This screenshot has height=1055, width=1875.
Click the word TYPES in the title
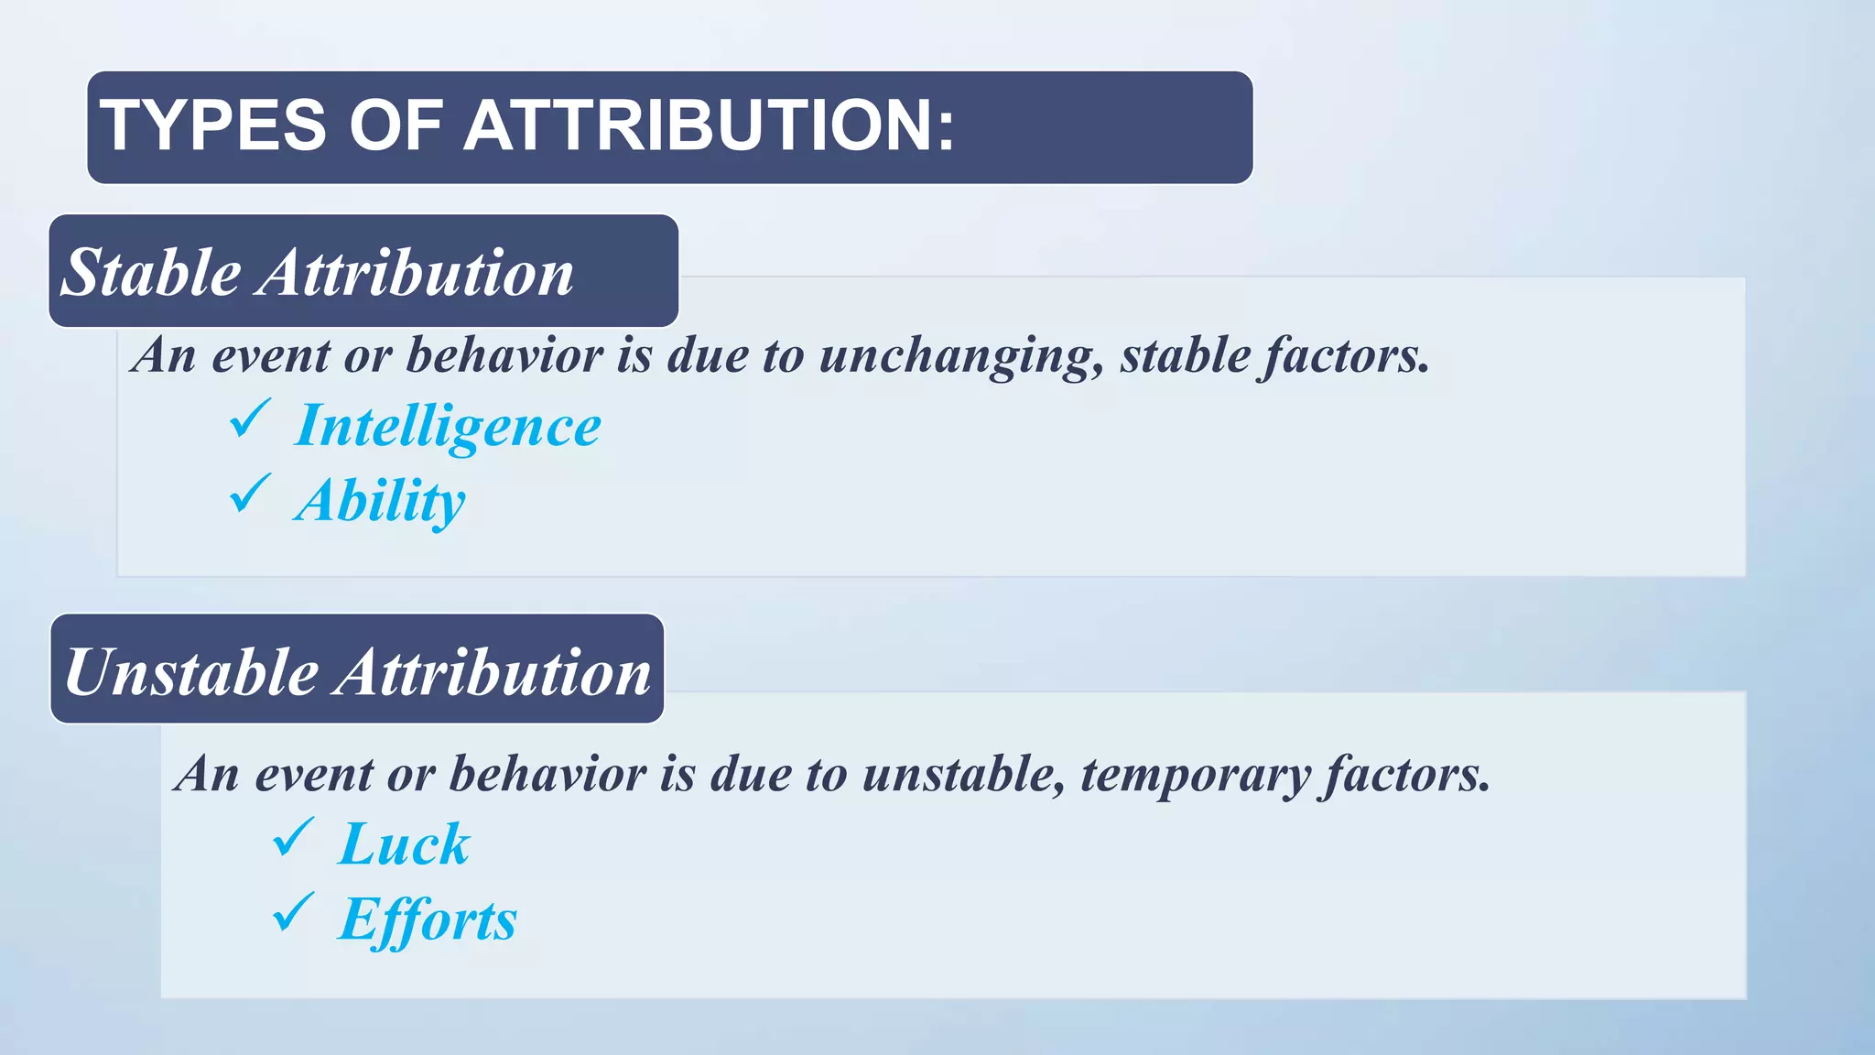pos(212,125)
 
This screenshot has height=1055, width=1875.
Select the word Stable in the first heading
pos(151,273)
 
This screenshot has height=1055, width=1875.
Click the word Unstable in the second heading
pos(190,672)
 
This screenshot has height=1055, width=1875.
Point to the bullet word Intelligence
pos(448,427)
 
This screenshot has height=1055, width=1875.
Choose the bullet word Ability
pos(380,502)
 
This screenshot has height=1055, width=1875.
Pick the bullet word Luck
pos(404,843)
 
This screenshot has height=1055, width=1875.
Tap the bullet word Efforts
pos(428,919)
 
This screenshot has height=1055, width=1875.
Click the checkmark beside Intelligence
pos(249,419)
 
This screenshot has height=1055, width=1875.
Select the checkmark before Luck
pos(293,837)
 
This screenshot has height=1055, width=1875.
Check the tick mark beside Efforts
pos(293,912)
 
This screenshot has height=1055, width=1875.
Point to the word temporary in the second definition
pos(1196,775)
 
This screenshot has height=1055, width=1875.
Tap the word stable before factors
pos(1185,355)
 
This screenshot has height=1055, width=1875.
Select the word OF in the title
pos(396,125)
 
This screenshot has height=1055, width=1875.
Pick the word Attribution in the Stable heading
pos(416,273)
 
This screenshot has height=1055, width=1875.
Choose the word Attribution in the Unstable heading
pos(494,672)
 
